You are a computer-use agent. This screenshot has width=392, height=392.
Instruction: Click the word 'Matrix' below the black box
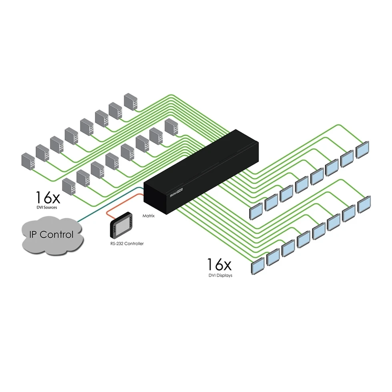click(x=148, y=215)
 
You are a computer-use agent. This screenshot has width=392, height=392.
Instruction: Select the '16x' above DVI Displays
click(x=219, y=265)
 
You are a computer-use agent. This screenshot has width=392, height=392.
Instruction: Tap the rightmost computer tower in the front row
click(x=171, y=127)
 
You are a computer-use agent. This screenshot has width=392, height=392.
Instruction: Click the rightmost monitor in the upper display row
click(x=363, y=149)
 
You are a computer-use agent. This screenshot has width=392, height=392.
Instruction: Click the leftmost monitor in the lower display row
click(x=258, y=265)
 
